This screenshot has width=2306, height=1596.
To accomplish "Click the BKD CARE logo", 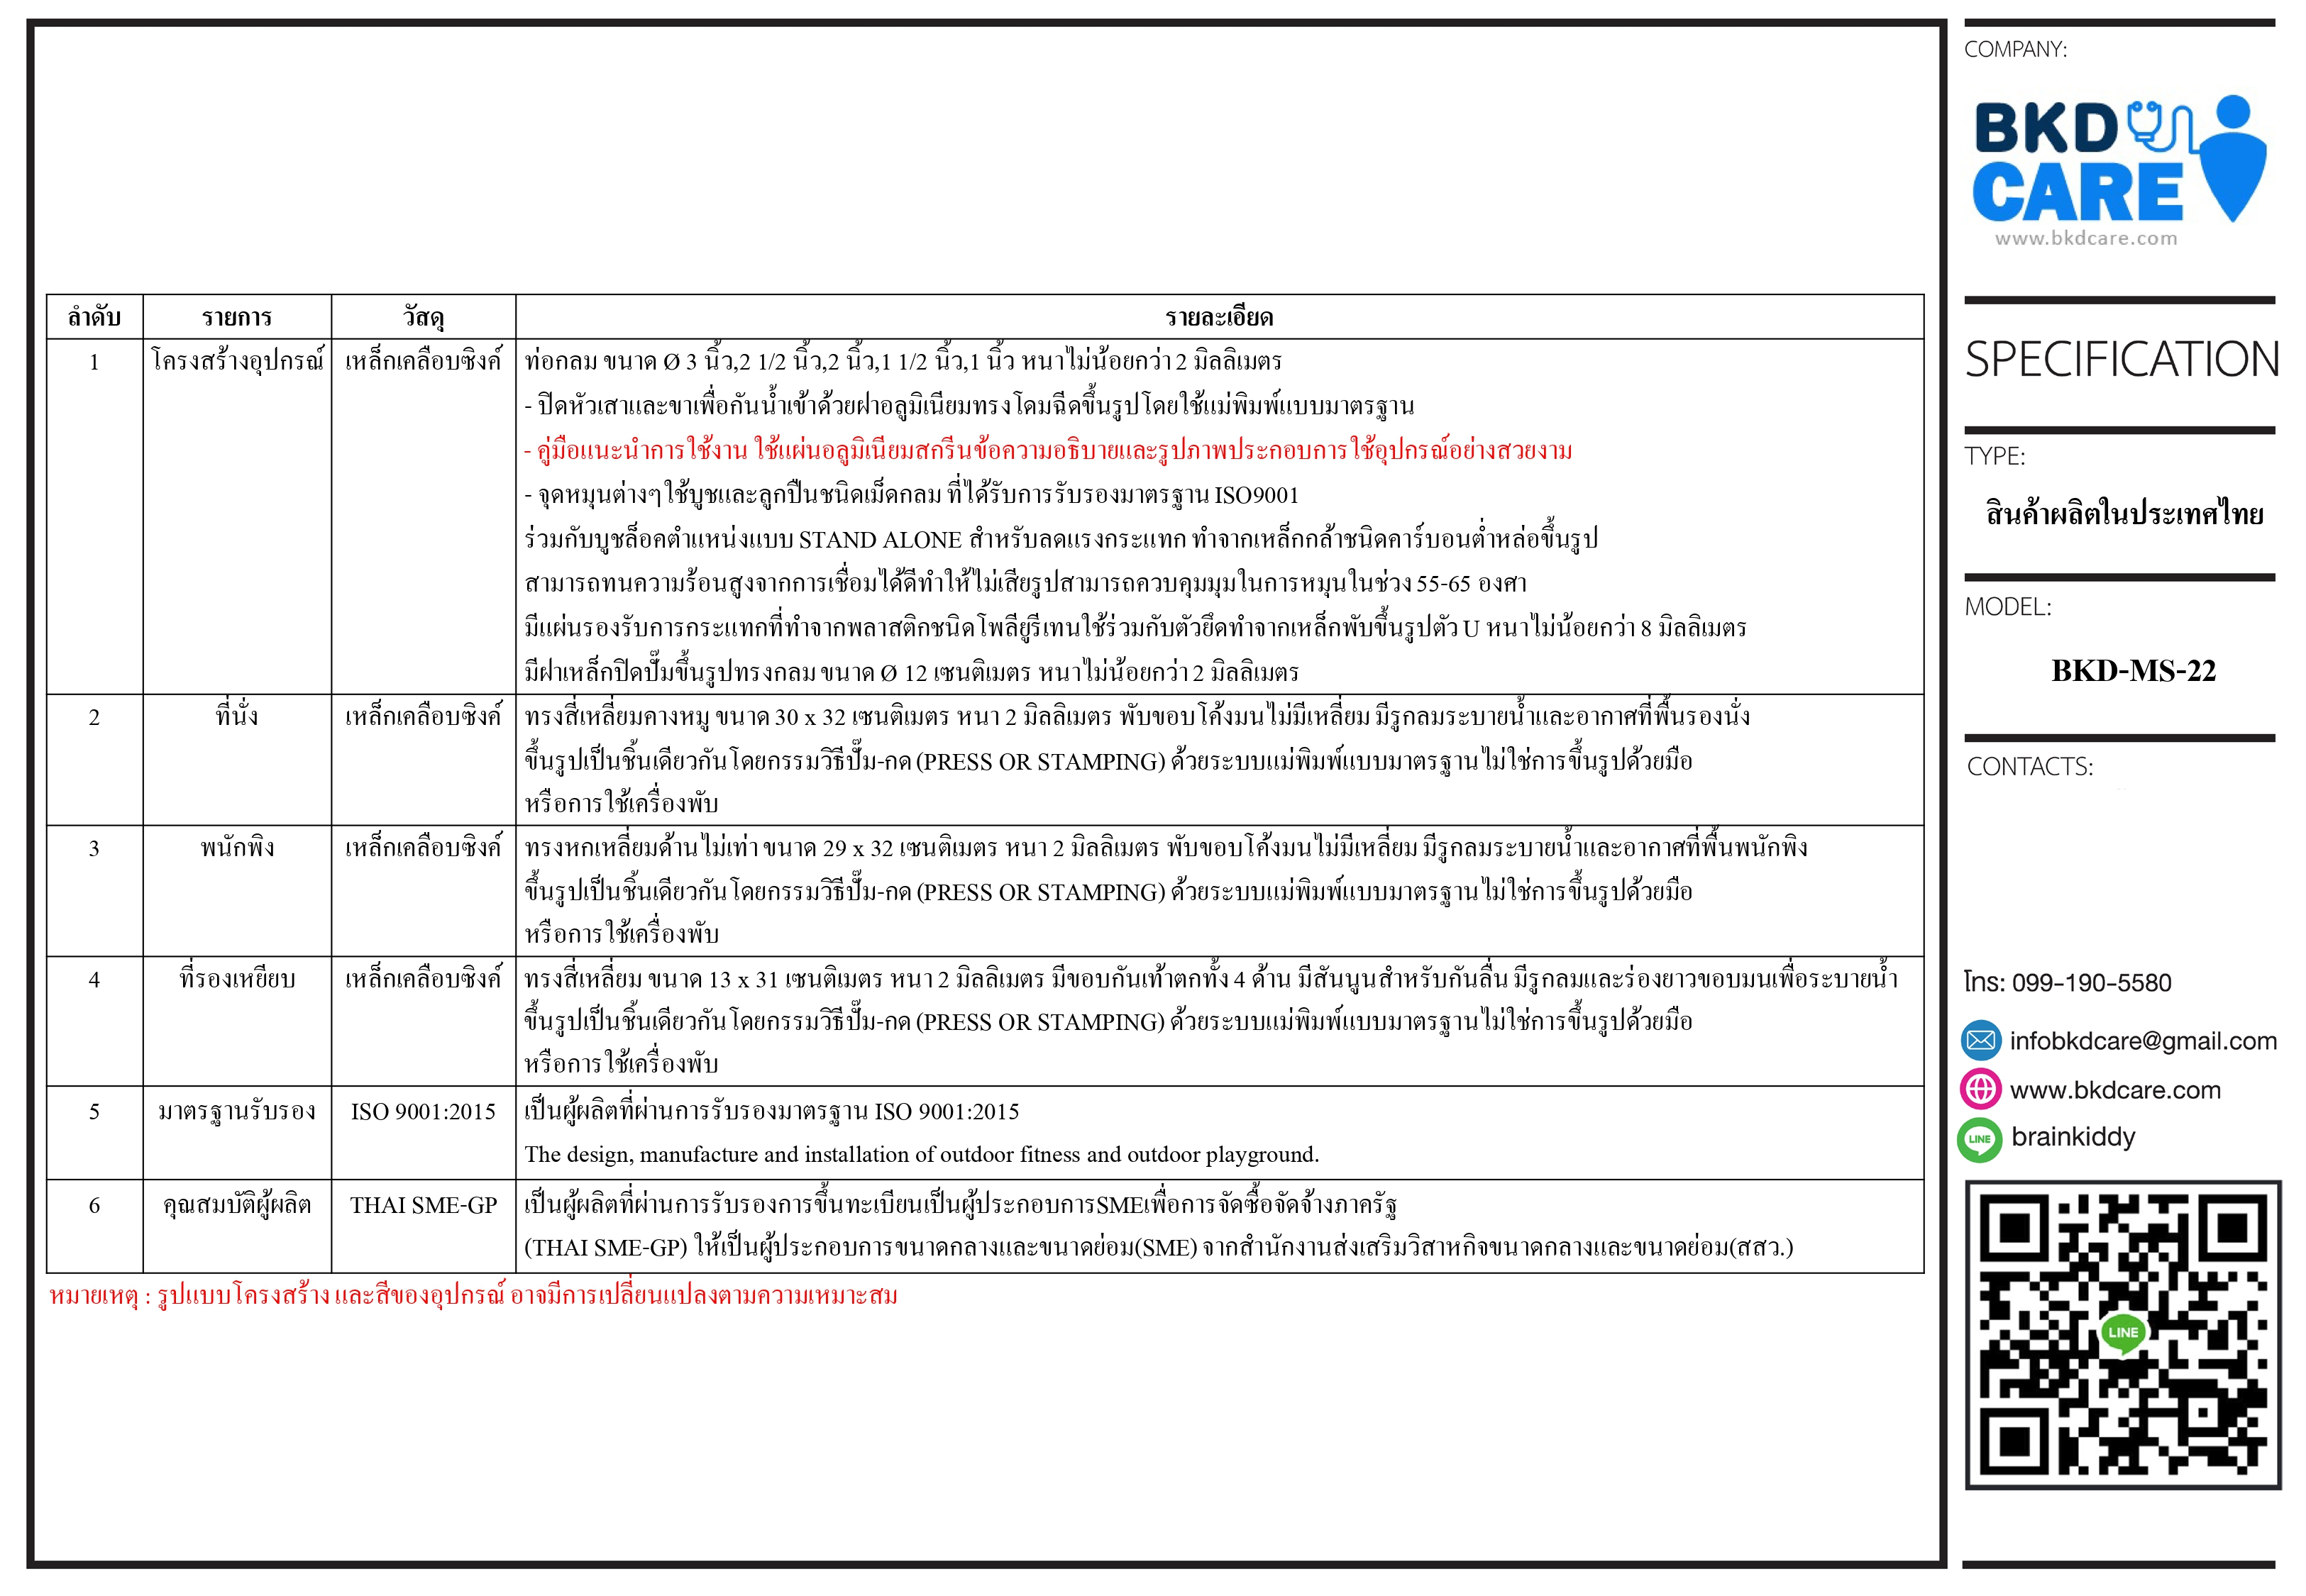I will click(x=2118, y=160).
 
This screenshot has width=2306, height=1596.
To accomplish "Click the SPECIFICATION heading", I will click(x=2121, y=360).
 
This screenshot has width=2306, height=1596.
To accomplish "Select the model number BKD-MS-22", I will click(x=2133, y=671).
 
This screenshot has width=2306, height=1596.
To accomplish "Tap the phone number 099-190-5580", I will click(x=2091, y=983).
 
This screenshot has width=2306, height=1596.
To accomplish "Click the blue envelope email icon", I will click(x=1980, y=1041).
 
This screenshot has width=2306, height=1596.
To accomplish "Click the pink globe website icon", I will click(x=1980, y=1089).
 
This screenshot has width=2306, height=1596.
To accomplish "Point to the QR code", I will click(x=2122, y=1334).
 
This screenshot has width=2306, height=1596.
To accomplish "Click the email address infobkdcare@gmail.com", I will click(x=2142, y=1041).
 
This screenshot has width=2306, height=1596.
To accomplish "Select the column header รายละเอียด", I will click(x=1218, y=318).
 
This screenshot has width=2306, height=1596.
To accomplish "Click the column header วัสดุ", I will click(x=423, y=318).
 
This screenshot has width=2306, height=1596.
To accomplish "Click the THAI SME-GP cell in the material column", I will click(x=423, y=1206).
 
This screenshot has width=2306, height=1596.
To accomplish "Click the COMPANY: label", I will click(x=2015, y=50).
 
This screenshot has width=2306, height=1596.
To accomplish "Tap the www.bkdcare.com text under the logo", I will click(x=2085, y=239).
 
